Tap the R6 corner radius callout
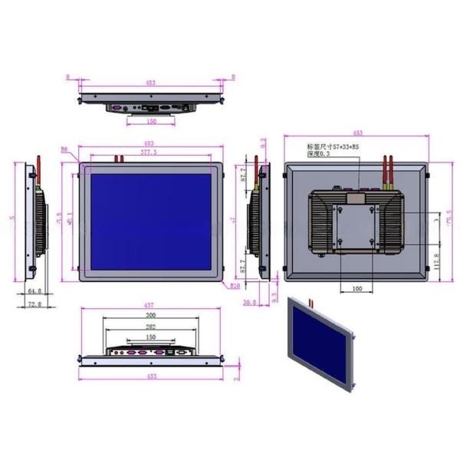tap(64, 149)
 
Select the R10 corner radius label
tap(234, 286)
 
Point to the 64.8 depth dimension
tap(34, 291)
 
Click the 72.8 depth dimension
tap(34, 304)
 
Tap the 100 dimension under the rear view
tap(357, 288)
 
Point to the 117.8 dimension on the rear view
tap(436, 261)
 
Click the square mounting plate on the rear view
tap(358, 222)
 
